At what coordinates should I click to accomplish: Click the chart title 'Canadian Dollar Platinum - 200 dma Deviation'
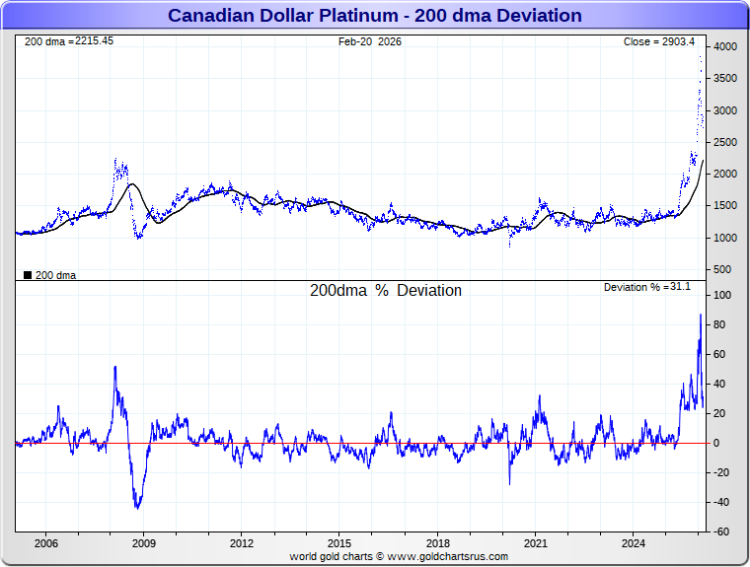pyautogui.click(x=374, y=16)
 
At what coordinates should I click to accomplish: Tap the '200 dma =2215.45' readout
pyautogui.click(x=69, y=41)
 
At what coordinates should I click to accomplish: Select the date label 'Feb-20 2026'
pyautogui.click(x=370, y=41)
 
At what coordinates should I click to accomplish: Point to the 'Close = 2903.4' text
pyautogui.click(x=658, y=41)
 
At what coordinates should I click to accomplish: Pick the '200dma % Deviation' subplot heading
pyautogui.click(x=386, y=291)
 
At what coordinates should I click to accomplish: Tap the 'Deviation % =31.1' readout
pyautogui.click(x=647, y=287)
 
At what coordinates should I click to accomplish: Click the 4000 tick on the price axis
pyautogui.click(x=725, y=47)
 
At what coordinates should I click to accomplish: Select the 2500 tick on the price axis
pyautogui.click(x=725, y=143)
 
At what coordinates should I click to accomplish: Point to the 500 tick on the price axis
pyautogui.click(x=722, y=269)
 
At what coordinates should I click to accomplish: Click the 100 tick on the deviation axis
pyautogui.click(x=722, y=296)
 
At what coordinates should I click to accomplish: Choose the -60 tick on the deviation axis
pyautogui.click(x=721, y=532)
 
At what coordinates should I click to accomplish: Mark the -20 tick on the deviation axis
pyautogui.click(x=721, y=472)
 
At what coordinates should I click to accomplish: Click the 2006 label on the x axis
pyautogui.click(x=45, y=543)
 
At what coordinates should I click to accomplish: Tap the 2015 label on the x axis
pyautogui.click(x=339, y=543)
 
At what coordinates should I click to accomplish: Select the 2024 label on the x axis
pyautogui.click(x=634, y=543)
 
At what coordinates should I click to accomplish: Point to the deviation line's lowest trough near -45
pyautogui.click(x=137, y=508)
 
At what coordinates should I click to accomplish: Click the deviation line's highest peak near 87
pyautogui.click(x=701, y=315)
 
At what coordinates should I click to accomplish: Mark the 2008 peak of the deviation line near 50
pyautogui.click(x=115, y=367)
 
